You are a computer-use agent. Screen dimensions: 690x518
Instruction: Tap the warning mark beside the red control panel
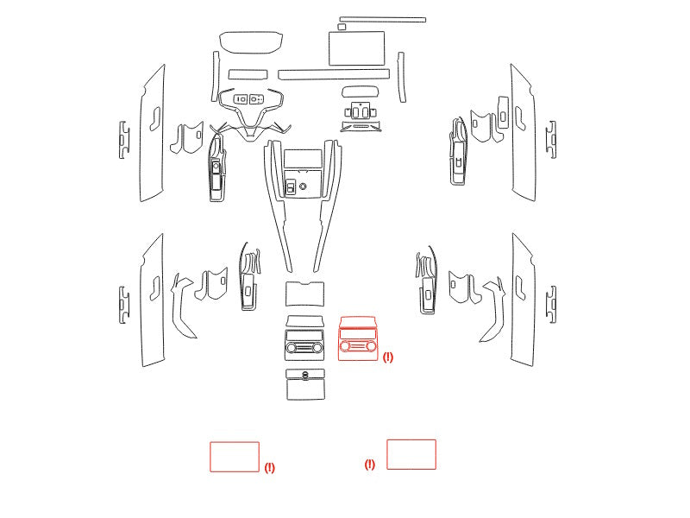(x=387, y=357)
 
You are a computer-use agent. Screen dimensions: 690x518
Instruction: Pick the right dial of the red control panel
(x=371, y=346)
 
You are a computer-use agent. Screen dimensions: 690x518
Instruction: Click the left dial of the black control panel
(x=292, y=348)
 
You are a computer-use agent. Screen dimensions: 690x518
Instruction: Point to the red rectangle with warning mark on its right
(x=235, y=457)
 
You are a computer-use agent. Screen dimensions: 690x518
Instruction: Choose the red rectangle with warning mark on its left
(x=411, y=454)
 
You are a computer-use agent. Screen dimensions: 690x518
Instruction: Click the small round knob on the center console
(x=303, y=186)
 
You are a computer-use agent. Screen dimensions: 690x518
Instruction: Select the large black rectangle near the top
(x=356, y=48)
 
